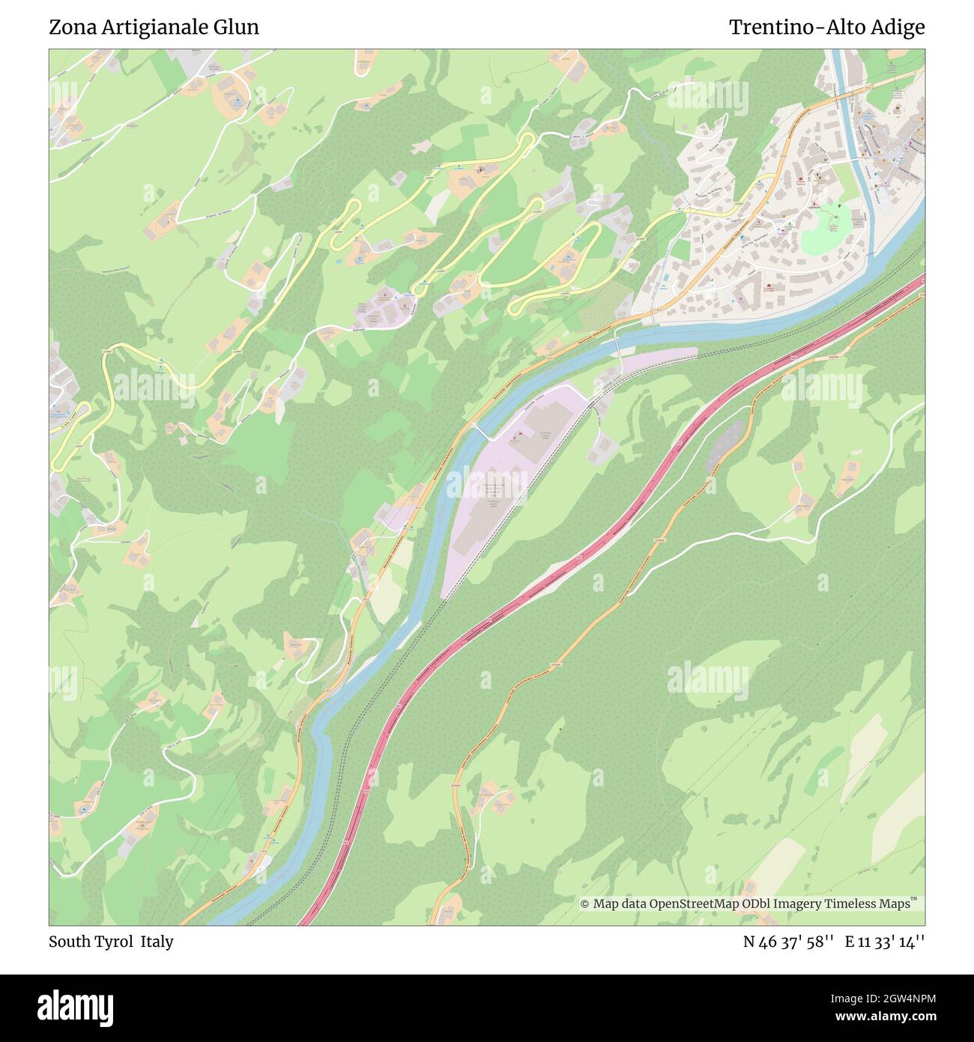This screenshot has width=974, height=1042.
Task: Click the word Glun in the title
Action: point(235,27)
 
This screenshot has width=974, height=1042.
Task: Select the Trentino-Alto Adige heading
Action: point(826,27)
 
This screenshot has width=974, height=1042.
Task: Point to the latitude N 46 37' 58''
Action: point(788,942)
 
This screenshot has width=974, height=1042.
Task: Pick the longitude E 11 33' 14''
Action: point(885,942)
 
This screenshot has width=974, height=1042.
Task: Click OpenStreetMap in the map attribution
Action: point(694,903)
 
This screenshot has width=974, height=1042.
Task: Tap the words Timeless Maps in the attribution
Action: point(869,903)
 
